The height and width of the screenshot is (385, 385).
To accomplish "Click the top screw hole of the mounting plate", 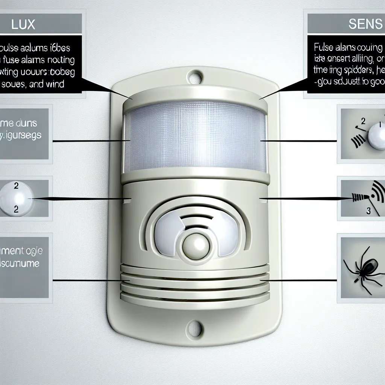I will (194, 79).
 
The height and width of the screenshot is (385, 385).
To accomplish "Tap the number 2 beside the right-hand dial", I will (363, 121).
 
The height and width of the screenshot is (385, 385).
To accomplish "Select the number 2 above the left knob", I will (16, 185).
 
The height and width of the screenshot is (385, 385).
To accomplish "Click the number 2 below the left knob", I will (16, 210).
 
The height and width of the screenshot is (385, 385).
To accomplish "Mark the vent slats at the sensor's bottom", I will (195, 286).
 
